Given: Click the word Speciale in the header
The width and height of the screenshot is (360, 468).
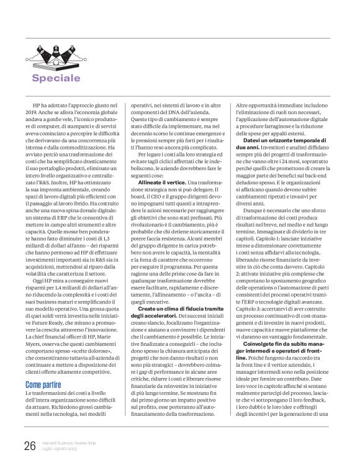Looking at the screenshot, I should pyautogui.click(x=65, y=78).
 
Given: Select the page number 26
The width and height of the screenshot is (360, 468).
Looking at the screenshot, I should pyautogui.click(x=30, y=446).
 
